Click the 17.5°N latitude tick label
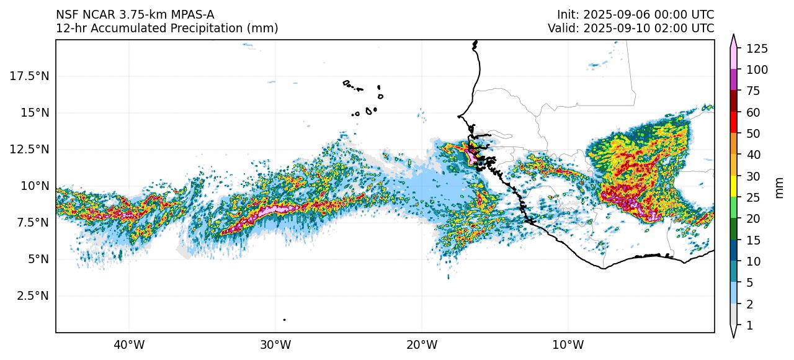tap(30, 76)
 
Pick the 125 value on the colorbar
tap(757, 48)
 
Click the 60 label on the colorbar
tap(754, 112)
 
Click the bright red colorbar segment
tap(733, 122)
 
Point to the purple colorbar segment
tap(733, 80)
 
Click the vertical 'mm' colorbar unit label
tap(780, 186)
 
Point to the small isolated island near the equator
tap(284, 320)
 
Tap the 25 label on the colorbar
tap(754, 197)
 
